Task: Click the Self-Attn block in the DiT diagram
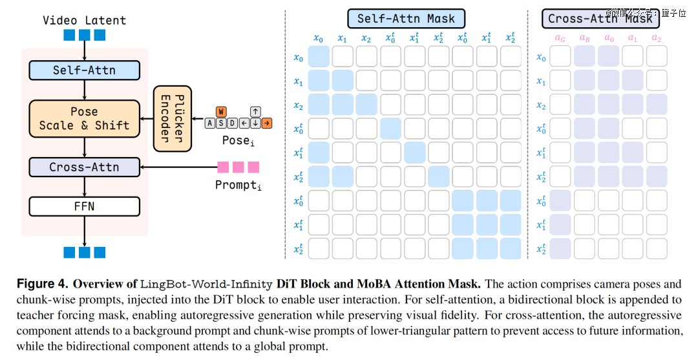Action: [84, 70]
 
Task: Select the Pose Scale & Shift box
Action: [84, 118]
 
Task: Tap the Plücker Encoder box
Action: [173, 119]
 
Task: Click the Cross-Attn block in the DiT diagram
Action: [84, 167]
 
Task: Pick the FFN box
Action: [84, 206]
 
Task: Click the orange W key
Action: [221, 112]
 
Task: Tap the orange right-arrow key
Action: [267, 123]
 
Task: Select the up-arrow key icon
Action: [255, 112]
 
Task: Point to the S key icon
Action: [221, 123]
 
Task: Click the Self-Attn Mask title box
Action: [406, 19]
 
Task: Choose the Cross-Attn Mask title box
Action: [600, 19]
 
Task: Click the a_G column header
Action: [560, 38]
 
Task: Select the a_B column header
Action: [584, 38]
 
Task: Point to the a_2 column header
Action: [657, 38]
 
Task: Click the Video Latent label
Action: [84, 21]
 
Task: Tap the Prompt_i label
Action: [238, 185]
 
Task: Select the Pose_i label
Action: [238, 141]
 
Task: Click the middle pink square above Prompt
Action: [238, 167]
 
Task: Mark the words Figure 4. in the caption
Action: [43, 284]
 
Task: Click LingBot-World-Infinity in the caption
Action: [206, 284]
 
